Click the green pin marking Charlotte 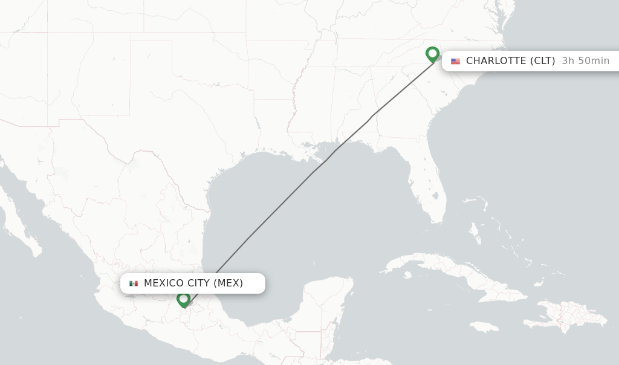(x=432, y=54)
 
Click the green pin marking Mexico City (x=184, y=299)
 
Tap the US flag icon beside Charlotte (x=455, y=61)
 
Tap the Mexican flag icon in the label (x=134, y=283)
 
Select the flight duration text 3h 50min (x=585, y=61)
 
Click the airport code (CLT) (x=543, y=61)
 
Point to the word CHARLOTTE (x=496, y=61)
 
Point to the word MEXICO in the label (x=164, y=283)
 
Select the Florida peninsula (x=430, y=181)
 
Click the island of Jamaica (x=482, y=327)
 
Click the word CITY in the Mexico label (x=199, y=283)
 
